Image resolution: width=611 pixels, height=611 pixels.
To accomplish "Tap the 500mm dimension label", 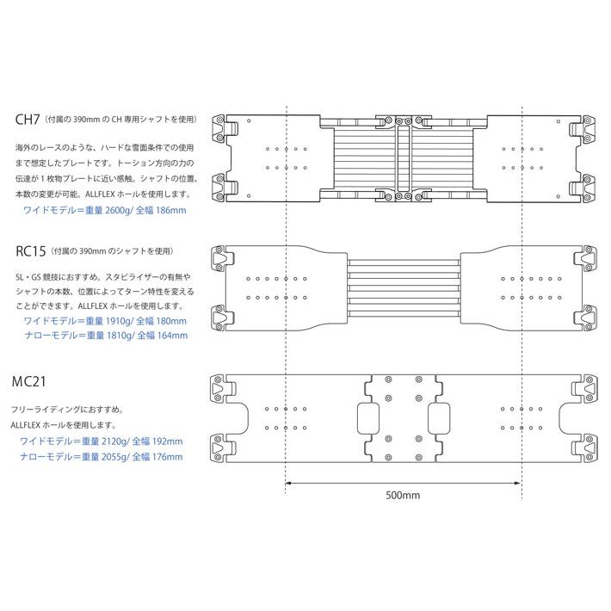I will pos(404,495).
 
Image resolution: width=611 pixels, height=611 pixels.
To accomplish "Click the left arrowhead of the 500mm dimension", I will pos(287,483).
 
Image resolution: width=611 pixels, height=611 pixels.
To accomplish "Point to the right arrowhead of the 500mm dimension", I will pos(519,483).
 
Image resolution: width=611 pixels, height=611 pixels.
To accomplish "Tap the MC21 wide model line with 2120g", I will pos(101,441).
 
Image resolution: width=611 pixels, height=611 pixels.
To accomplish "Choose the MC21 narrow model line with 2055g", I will pos(101,456).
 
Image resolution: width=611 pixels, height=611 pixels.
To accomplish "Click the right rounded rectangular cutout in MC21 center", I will pos(439,419).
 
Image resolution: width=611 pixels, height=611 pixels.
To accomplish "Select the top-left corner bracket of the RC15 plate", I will pos(222,257).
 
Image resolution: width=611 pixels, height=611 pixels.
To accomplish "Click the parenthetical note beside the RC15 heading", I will pos(112,251).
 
